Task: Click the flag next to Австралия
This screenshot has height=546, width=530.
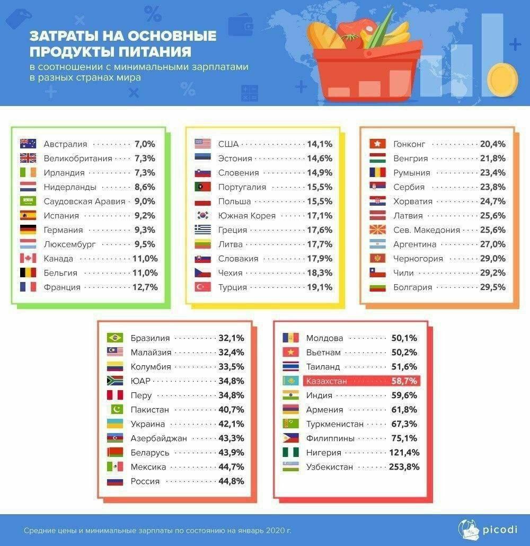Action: coord(28,144)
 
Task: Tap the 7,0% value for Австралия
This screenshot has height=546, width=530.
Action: coord(145,144)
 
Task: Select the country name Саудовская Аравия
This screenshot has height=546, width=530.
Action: coord(84,201)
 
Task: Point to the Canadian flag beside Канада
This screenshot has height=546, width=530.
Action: coord(28,259)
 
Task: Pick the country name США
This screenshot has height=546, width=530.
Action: coord(228,144)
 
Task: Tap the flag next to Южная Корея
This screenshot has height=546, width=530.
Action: coord(203,216)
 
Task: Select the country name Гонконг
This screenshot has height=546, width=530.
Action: coord(409,144)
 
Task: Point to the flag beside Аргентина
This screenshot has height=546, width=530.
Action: coord(377,244)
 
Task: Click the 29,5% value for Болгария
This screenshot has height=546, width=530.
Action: coord(492,287)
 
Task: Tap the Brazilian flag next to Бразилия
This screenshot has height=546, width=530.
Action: coord(115,338)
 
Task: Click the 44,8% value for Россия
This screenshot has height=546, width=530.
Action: coord(231,481)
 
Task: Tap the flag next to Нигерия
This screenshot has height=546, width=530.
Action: coord(290,453)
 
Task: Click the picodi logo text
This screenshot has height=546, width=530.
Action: coord(496,530)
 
